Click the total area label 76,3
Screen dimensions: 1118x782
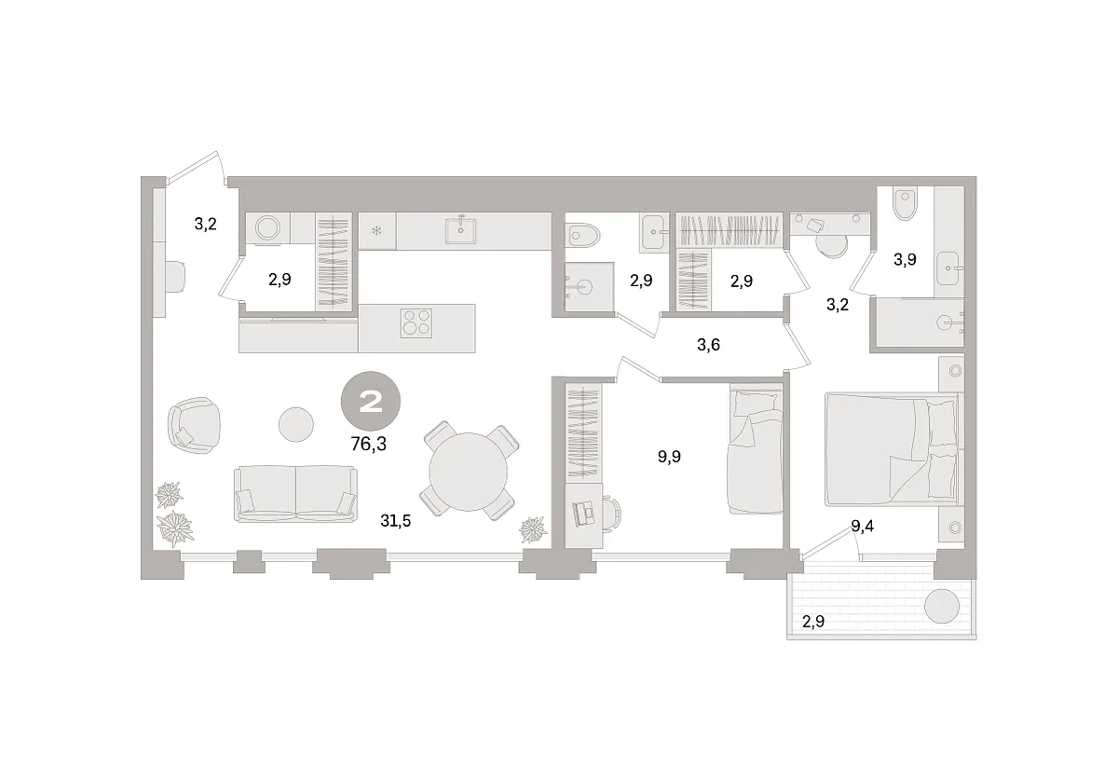click(x=368, y=444)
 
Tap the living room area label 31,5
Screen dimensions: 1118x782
click(x=395, y=521)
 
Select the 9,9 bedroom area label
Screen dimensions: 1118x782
click(x=669, y=457)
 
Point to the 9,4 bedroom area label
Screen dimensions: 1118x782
click(x=862, y=526)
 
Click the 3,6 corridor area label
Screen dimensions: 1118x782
click(x=708, y=345)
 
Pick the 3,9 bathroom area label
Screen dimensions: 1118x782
click(x=905, y=260)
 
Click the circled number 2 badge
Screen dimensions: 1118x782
click(x=371, y=401)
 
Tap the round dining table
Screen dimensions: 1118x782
click(x=468, y=472)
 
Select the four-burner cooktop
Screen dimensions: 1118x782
click(x=416, y=323)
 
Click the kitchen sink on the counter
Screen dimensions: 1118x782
click(x=460, y=228)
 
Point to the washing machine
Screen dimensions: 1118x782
click(x=268, y=228)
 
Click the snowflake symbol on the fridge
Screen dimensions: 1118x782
click(x=376, y=231)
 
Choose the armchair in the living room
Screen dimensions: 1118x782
click(x=194, y=425)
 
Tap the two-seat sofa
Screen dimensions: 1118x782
click(x=295, y=494)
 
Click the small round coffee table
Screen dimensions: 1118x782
click(x=296, y=424)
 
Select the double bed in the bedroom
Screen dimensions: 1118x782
click(x=892, y=449)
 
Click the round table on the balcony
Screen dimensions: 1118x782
click(x=942, y=606)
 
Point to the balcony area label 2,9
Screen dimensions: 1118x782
click(x=813, y=622)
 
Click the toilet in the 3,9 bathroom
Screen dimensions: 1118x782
click(x=906, y=205)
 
